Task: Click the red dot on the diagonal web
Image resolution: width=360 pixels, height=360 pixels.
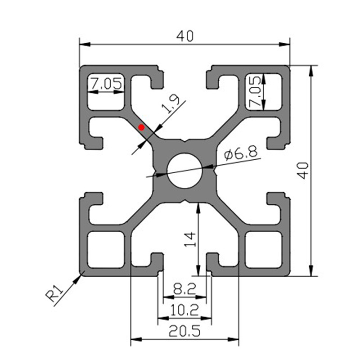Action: (x=141, y=127)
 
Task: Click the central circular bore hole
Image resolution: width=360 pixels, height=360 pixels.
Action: (x=185, y=171)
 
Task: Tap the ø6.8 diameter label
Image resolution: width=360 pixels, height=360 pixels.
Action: (x=241, y=153)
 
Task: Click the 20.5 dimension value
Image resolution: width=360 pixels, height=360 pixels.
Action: (x=184, y=331)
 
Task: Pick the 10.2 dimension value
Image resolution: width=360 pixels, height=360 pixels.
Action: (x=184, y=310)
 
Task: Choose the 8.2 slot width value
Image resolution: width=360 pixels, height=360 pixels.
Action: (x=184, y=289)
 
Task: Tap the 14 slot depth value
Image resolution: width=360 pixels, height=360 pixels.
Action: (x=190, y=239)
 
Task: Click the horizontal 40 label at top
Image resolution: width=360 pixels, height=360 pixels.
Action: (x=185, y=36)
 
